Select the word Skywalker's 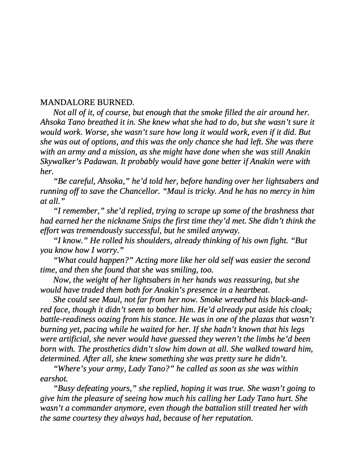(x=60, y=162)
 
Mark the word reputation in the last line (x=232, y=418)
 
